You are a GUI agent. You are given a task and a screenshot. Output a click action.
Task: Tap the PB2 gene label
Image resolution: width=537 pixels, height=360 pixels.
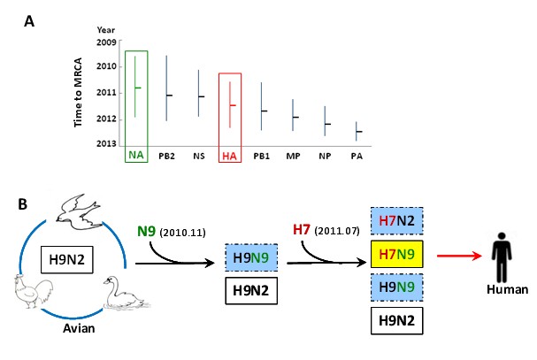166,156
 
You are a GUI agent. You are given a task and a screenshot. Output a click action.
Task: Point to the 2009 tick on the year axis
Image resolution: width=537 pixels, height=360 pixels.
106,42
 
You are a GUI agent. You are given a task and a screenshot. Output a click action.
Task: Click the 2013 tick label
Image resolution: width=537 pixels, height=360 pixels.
106,142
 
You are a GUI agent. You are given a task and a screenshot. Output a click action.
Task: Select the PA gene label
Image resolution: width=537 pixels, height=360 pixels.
357,156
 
